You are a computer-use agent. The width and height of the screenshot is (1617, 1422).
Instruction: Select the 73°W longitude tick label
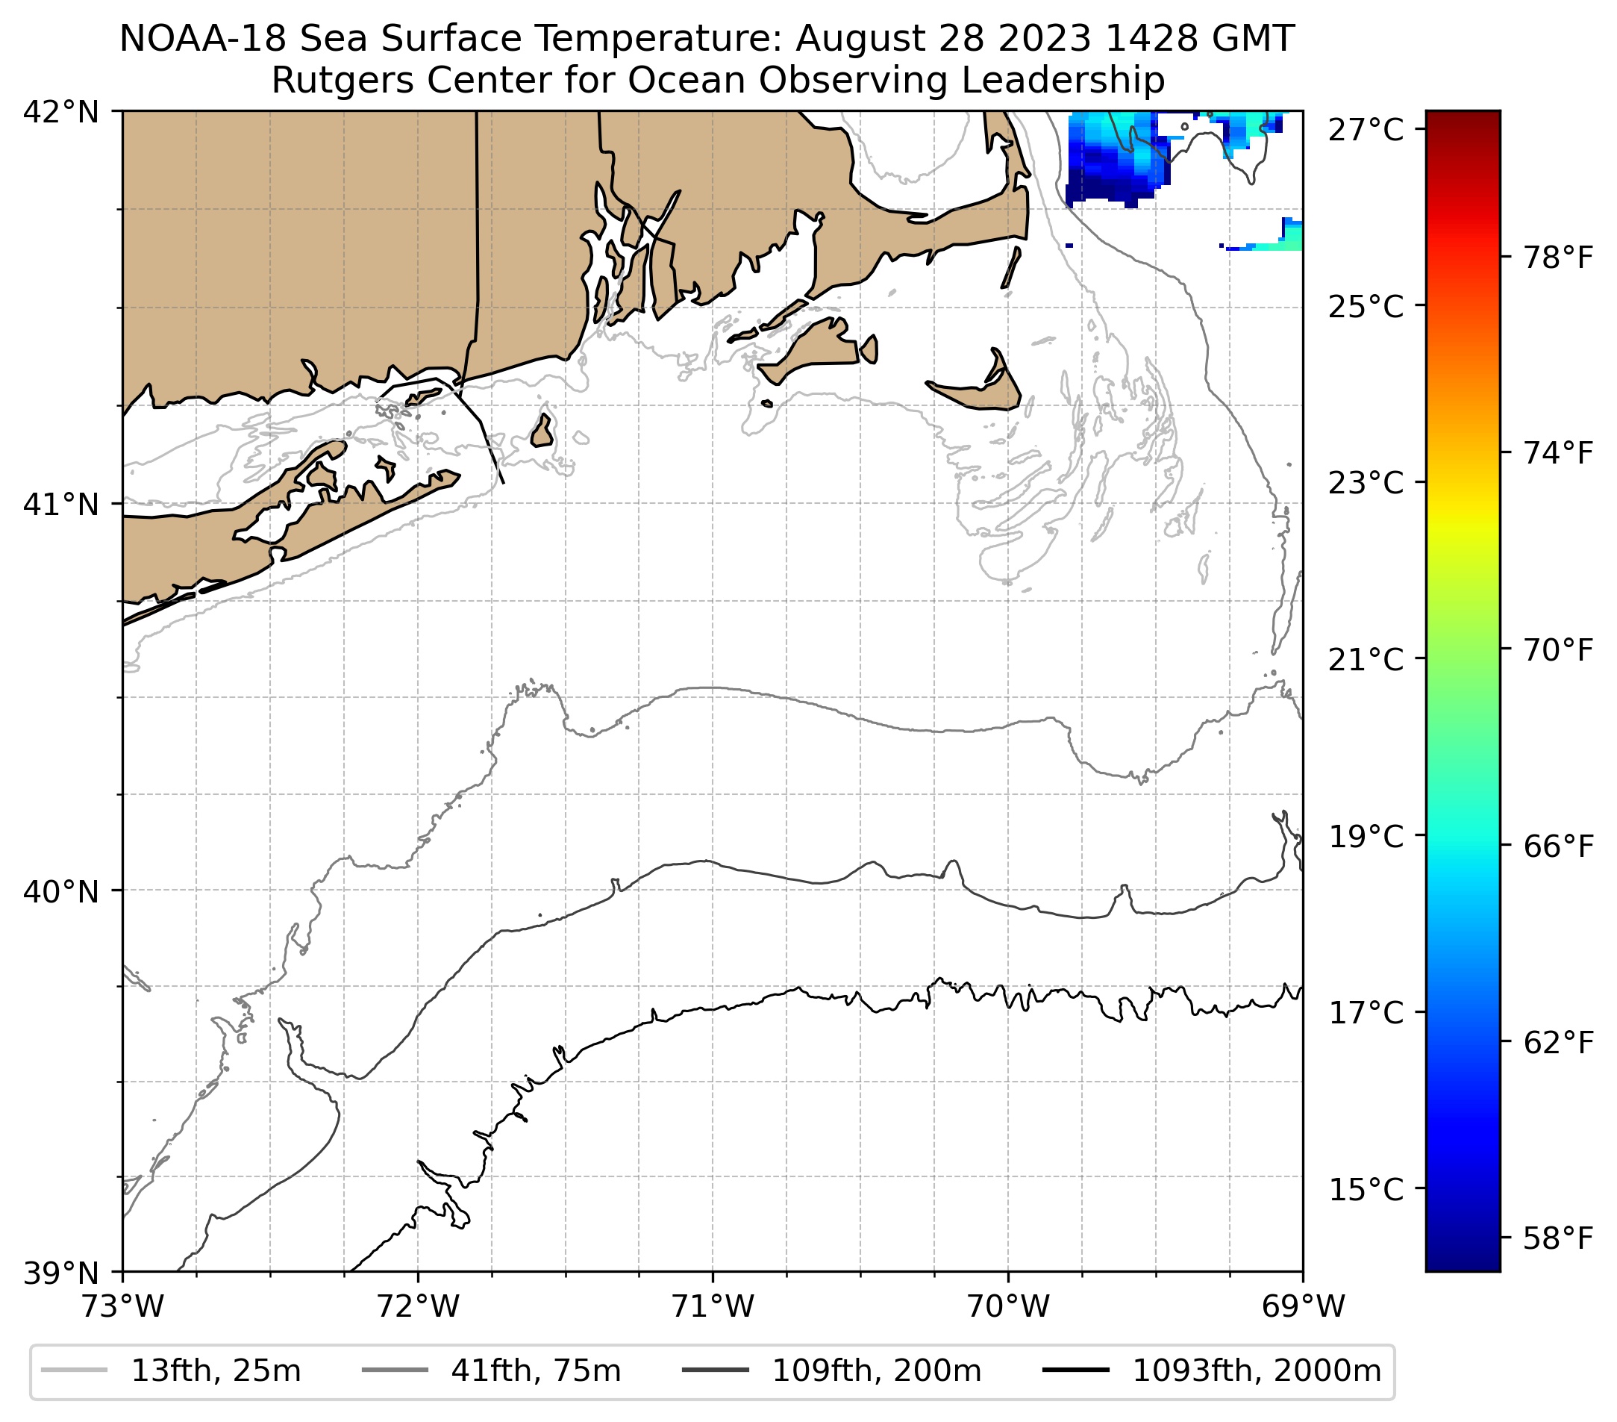[122, 1306]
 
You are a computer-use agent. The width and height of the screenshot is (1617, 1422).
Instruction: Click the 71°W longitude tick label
[713, 1306]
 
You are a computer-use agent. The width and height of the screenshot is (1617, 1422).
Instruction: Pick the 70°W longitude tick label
[1008, 1306]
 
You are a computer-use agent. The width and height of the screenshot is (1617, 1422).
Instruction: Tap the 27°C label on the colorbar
[1366, 130]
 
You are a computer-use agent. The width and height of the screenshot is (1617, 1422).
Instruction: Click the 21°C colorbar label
[1366, 659]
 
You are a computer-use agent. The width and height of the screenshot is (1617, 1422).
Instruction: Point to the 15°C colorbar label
[1366, 1189]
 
